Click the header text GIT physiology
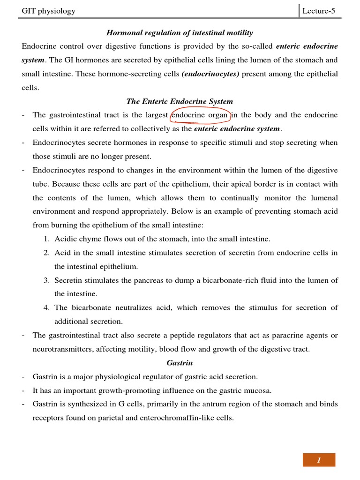coord(49,11)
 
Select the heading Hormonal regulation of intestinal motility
coord(180,33)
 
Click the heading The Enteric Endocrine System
coord(180,101)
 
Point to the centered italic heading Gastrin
coord(180,363)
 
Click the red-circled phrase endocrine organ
coord(200,115)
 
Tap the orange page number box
coord(319,460)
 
